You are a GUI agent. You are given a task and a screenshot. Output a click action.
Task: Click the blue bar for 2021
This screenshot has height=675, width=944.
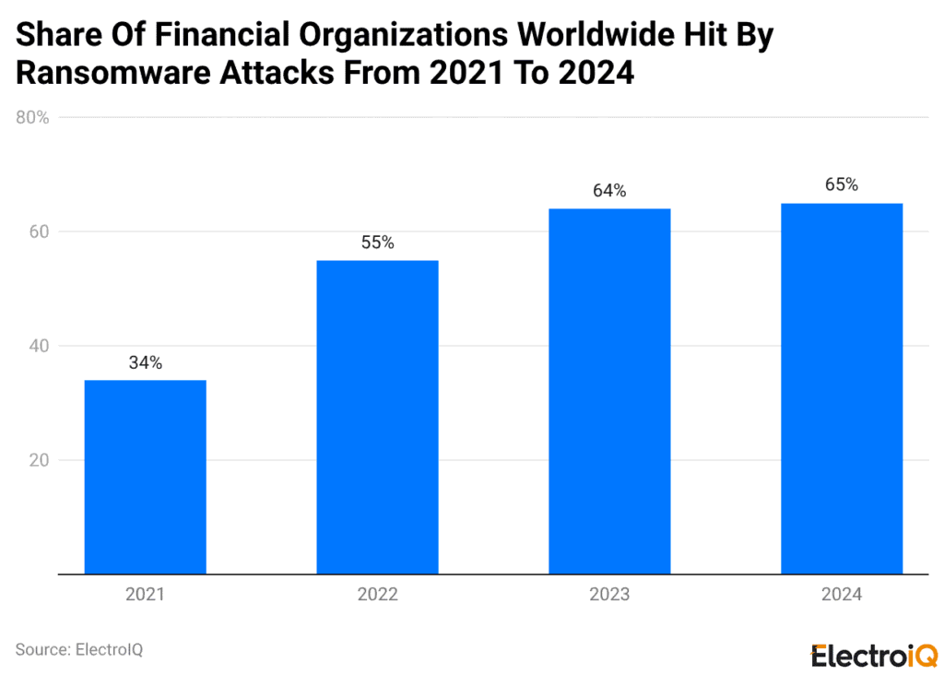(145, 477)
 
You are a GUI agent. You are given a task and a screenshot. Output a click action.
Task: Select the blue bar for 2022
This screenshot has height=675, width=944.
(377, 417)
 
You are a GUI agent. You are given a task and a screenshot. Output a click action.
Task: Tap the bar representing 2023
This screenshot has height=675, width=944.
(609, 391)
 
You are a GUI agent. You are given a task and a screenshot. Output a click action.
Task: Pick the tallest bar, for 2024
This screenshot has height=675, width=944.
(842, 388)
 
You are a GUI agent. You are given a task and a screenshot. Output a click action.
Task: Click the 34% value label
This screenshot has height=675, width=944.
(145, 363)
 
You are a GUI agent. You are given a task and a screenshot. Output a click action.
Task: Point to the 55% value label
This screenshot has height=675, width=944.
(377, 243)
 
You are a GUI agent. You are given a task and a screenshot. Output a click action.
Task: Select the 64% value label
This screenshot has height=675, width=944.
(609, 192)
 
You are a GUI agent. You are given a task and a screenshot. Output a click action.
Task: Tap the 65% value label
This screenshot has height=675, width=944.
(842, 185)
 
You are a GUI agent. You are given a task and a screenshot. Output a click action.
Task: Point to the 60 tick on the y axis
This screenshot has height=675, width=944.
(39, 232)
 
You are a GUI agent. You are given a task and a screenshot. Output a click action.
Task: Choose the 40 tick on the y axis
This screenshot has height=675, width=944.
(39, 347)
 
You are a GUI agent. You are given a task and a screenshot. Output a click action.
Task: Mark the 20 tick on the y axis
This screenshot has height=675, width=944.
(39, 460)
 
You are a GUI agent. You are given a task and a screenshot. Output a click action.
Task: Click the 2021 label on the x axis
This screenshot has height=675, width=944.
(145, 596)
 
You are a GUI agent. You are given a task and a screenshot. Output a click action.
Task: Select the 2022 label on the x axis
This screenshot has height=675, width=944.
(377, 596)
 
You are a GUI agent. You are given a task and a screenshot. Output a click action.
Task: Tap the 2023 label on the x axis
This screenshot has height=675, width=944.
(609, 596)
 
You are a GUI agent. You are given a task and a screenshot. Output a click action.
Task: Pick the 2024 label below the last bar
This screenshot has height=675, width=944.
(842, 596)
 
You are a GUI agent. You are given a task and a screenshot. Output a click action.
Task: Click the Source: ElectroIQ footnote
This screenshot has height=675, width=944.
(79, 650)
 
